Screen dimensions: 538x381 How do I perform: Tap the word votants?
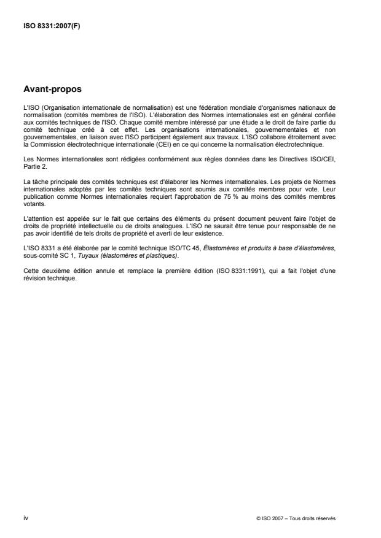(32, 204)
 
